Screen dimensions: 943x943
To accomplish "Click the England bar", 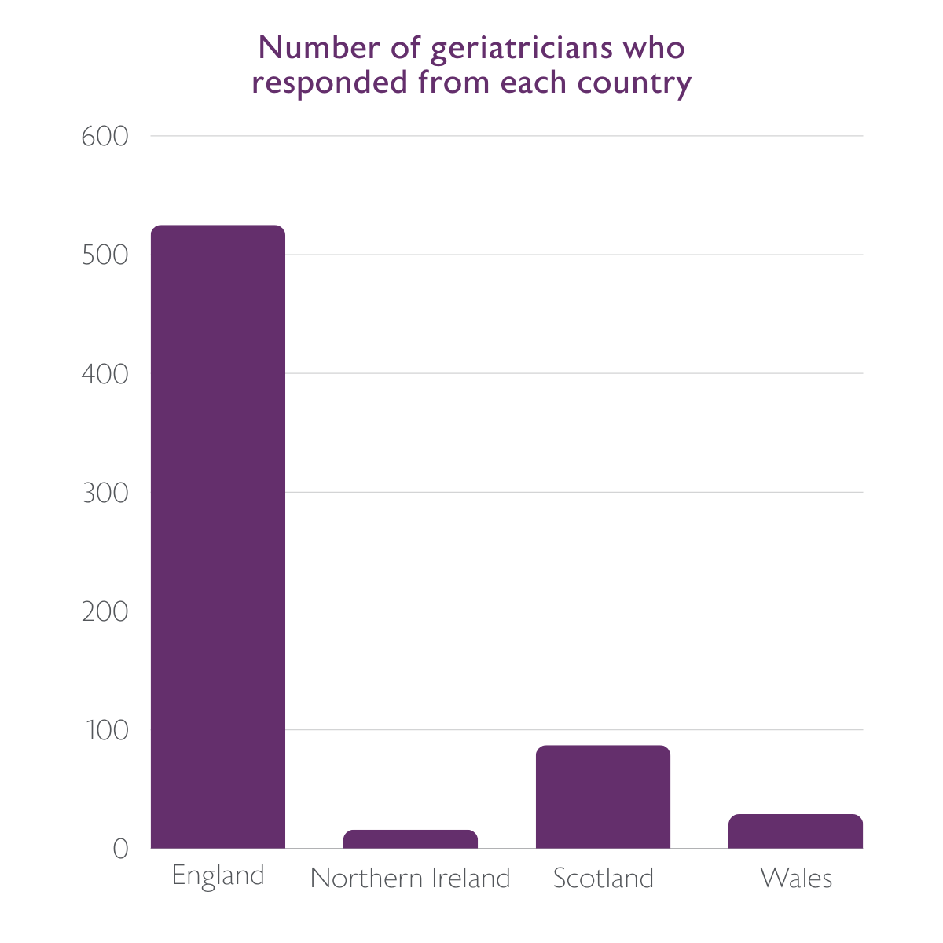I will click(218, 537).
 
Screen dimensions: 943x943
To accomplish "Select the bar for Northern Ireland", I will click(410, 839).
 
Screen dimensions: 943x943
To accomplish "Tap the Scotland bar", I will click(603, 797).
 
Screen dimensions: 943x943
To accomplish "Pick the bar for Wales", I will click(795, 831).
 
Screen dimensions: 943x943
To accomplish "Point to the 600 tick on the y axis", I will click(105, 137).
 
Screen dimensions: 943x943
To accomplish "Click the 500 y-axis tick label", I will click(105, 255).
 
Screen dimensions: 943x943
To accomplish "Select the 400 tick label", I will click(105, 374).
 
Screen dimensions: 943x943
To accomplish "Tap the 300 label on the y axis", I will click(105, 493).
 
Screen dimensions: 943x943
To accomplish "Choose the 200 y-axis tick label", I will click(105, 611).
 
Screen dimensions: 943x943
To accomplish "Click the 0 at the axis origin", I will click(119, 849).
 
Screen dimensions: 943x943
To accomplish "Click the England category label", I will click(218, 876).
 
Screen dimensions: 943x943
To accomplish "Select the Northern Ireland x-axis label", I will click(410, 878).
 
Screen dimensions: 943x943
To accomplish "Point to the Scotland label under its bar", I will click(603, 878).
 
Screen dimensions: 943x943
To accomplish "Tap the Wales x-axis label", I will click(795, 878).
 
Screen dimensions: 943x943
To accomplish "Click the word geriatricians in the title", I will click(521, 50).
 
